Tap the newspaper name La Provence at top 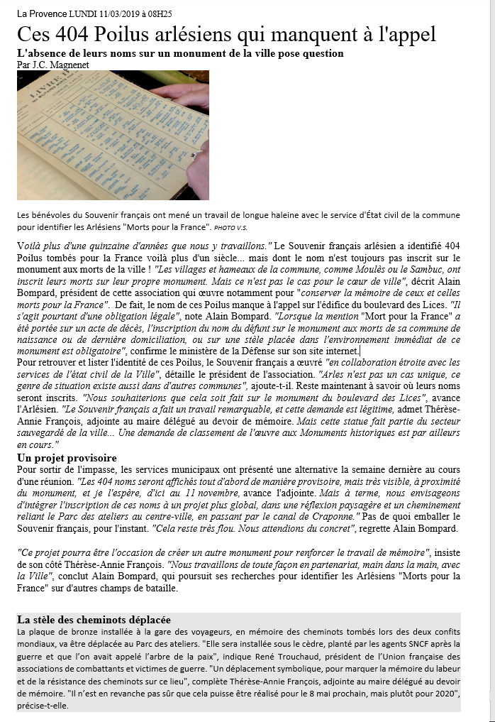click(41, 13)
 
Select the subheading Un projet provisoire click(67, 458)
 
